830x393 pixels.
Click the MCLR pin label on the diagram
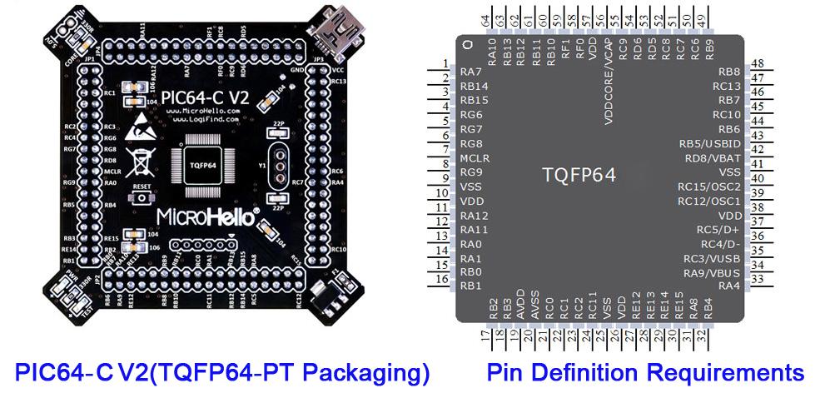click(475, 157)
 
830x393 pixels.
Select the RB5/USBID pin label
click(709, 143)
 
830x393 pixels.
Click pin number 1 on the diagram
click(445, 64)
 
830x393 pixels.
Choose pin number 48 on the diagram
click(758, 64)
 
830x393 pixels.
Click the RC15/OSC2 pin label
click(708, 187)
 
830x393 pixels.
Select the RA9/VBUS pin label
click(712, 272)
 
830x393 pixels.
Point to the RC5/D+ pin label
click(718, 229)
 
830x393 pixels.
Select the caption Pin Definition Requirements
click(645, 371)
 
